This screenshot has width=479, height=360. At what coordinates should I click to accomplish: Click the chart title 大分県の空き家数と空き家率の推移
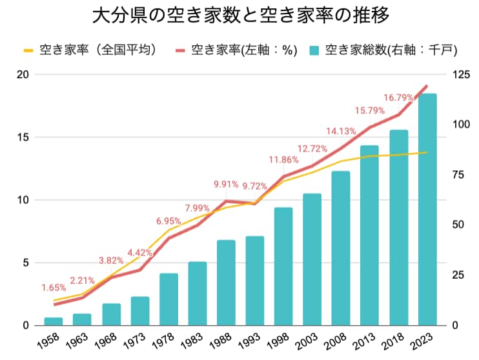[x=239, y=15]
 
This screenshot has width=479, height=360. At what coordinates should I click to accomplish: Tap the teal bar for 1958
[x=53, y=321]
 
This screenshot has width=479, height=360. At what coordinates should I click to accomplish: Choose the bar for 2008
[x=341, y=248]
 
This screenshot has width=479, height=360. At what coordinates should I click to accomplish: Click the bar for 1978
[x=168, y=299]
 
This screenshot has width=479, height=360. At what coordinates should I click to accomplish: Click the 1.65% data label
[x=54, y=288]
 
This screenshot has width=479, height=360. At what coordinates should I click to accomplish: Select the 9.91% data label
[x=226, y=185]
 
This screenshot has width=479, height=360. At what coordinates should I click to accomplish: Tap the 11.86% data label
[x=283, y=159]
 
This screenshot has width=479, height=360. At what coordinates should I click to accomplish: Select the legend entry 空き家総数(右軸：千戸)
[x=382, y=50]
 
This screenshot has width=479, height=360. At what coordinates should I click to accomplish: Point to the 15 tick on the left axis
[x=23, y=137]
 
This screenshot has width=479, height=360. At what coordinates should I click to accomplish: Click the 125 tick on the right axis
[x=460, y=75]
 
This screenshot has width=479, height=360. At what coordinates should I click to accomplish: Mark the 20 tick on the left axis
[x=23, y=75]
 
